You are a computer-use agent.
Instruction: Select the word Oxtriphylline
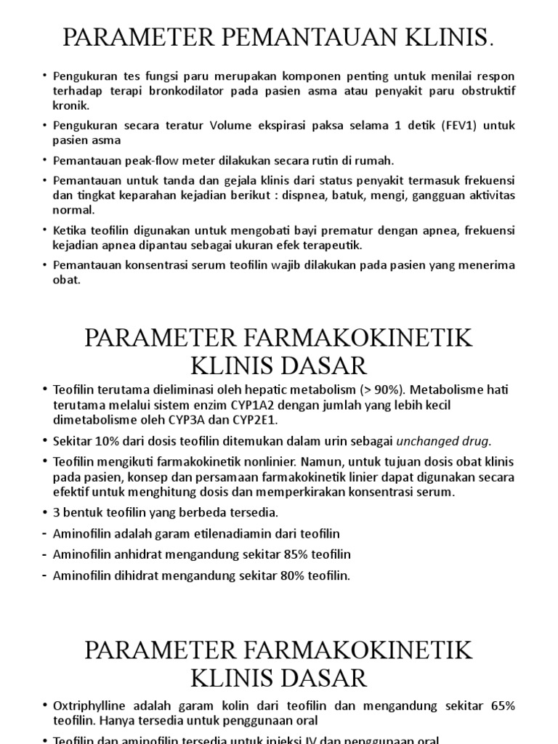(x=91, y=705)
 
